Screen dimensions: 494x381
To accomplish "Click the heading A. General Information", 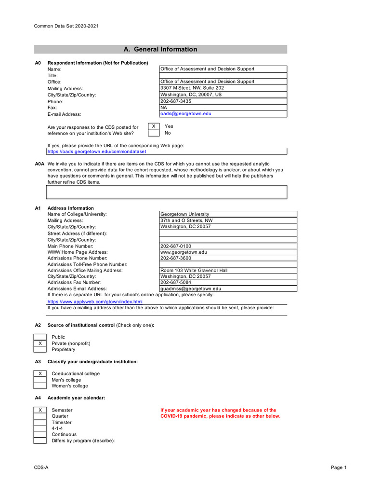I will [x=160, y=49].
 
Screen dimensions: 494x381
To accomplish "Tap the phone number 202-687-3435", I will [x=176, y=101].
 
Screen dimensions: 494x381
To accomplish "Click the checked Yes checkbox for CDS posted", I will [x=153, y=126].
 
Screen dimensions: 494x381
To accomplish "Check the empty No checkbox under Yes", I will [x=153, y=133].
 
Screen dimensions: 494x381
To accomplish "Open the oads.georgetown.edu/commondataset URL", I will [x=96, y=151].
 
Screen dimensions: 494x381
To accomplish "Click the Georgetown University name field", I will [x=185, y=214].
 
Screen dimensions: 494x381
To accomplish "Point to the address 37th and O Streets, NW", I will [x=186, y=220].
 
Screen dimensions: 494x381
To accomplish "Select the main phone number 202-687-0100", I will [x=176, y=246].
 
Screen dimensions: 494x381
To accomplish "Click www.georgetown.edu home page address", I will [x=184, y=252].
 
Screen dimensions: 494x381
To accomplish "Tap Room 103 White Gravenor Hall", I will [x=194, y=271].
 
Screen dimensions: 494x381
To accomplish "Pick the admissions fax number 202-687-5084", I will [x=176, y=283].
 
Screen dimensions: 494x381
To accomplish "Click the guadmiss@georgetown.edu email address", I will [x=191, y=289].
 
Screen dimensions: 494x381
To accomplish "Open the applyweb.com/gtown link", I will [x=95, y=302].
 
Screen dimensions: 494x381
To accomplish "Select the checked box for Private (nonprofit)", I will [x=40, y=343].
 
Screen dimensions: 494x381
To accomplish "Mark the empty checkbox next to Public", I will [x=40, y=337].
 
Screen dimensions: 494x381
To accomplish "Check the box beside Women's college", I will [x=40, y=386].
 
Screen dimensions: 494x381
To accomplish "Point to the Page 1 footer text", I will [x=338, y=467].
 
